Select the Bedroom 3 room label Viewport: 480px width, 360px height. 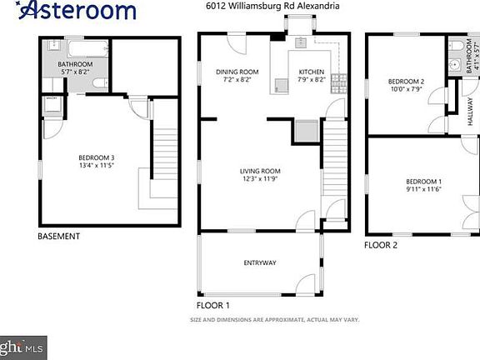(97, 157)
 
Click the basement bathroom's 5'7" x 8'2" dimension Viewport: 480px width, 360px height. (75, 72)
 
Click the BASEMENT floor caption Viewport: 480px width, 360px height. (59, 237)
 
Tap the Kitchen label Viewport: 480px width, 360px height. (312, 72)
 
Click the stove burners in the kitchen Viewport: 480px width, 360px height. (338, 82)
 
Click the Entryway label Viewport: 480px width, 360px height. (259, 263)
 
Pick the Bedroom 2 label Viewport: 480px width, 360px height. (407, 82)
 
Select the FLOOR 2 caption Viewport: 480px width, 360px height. (382, 246)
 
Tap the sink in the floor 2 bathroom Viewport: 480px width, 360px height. (454, 65)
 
